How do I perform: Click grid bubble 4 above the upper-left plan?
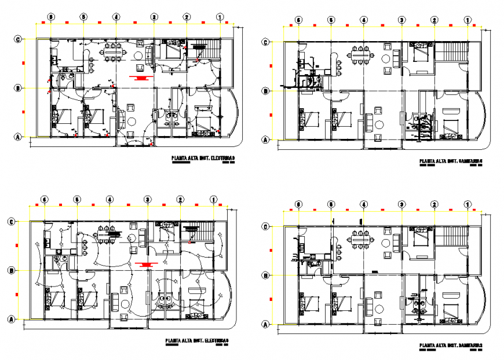coord(116,17)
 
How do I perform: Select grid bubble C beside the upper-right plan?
coord(265,42)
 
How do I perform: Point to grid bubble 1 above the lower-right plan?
coord(468,204)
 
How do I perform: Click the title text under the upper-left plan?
coord(203,157)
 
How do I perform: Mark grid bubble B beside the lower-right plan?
coord(265,276)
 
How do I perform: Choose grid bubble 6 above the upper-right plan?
coord(298,20)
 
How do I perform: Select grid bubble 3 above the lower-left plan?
coord(148,200)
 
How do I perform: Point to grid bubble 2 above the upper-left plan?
coord(187,17)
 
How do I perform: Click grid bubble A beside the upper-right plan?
coord(265,140)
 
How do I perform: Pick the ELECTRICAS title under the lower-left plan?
coord(196,340)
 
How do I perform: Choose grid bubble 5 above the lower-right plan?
coord(331,204)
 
